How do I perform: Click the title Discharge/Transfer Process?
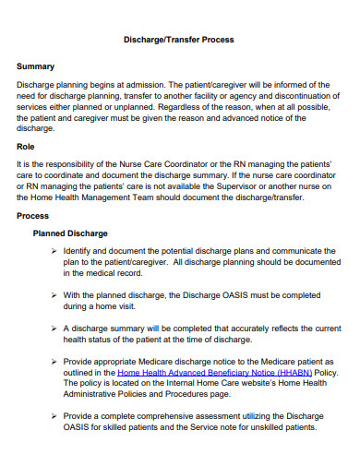pyautogui.click(x=179, y=40)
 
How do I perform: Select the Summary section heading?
pyautogui.click(x=37, y=66)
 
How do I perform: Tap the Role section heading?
pyautogui.click(x=27, y=147)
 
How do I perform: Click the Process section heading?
pyautogui.click(x=33, y=215)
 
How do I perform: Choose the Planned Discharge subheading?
pyautogui.click(x=70, y=233)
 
